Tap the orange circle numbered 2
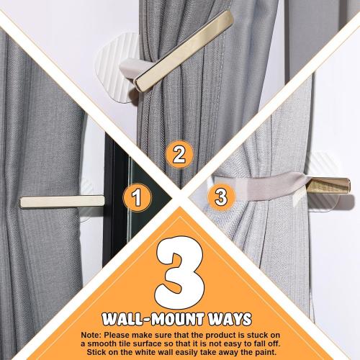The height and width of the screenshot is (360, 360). pos(180,154)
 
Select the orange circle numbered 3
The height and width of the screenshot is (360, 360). pos(221,196)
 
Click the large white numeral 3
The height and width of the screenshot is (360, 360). pos(179,271)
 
